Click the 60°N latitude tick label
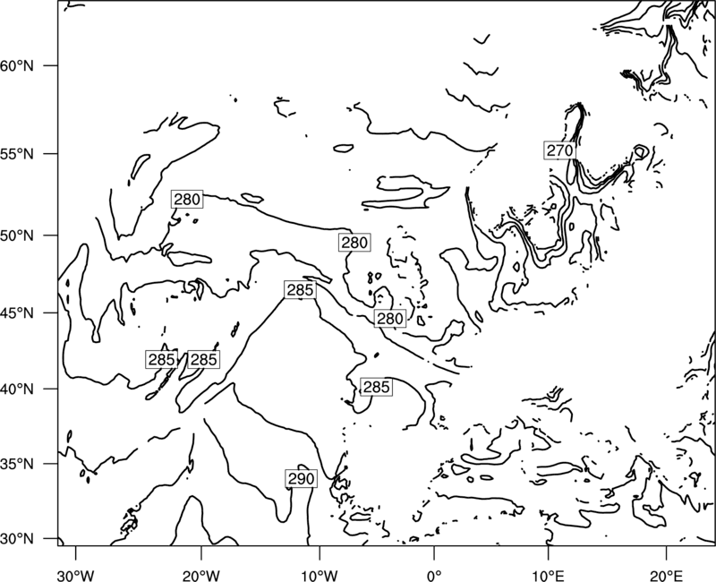[x=17, y=65]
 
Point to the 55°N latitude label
[x=17, y=154]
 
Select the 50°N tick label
[x=17, y=235]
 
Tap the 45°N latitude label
[x=17, y=312]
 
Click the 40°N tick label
[x=17, y=389]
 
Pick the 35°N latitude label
[x=17, y=464]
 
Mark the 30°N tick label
[x=17, y=539]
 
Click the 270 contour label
[x=559, y=150]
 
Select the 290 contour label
[x=302, y=478]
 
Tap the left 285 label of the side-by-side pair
[x=162, y=360]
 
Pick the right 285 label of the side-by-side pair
[x=203, y=360]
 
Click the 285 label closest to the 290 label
[x=376, y=387]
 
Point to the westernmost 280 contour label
[x=187, y=199]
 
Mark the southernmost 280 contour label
[x=390, y=319]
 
